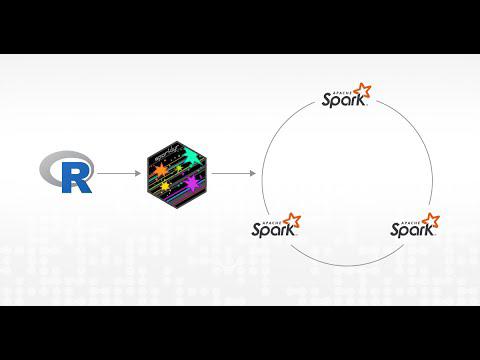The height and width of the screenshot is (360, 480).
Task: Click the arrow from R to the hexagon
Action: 119,174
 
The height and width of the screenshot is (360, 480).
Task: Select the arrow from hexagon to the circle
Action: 232,174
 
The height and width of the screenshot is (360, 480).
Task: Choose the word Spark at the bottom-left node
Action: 270,229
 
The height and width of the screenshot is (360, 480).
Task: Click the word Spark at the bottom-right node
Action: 409,229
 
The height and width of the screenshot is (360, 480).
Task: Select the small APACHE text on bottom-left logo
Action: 268,218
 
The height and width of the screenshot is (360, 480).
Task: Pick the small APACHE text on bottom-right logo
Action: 407,218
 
